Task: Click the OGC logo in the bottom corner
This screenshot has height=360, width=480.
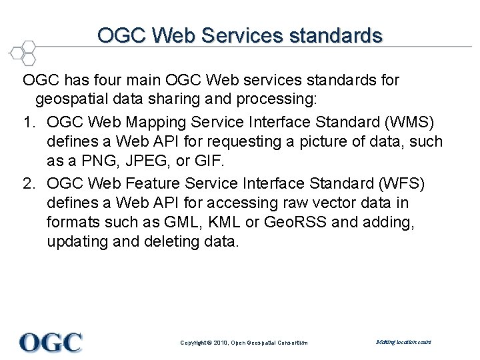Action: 51,343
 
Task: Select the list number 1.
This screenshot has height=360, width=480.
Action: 28,123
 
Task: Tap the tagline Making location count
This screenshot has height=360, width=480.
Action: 403,342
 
